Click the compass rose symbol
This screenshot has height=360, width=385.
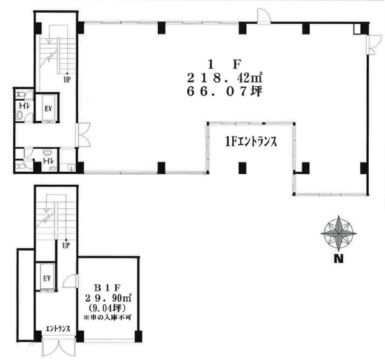point(338,233)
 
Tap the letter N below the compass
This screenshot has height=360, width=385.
point(338,259)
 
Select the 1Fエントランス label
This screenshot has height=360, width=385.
point(251,142)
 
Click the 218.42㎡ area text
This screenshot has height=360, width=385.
point(224,78)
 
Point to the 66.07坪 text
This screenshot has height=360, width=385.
point(224,92)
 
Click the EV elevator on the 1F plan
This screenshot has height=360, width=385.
point(48,109)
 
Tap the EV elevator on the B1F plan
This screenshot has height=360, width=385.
point(47,278)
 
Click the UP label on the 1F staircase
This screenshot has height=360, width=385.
point(67,80)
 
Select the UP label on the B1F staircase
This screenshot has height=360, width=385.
point(66,245)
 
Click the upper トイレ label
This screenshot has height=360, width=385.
point(24,106)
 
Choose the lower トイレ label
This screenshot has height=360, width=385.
point(49,161)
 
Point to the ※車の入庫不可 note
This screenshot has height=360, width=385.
point(107,318)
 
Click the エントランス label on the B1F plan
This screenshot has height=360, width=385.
point(58,329)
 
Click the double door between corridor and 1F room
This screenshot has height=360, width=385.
point(84,135)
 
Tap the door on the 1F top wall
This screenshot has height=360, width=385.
point(264,16)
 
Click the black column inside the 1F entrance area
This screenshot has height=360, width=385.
point(242,168)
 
